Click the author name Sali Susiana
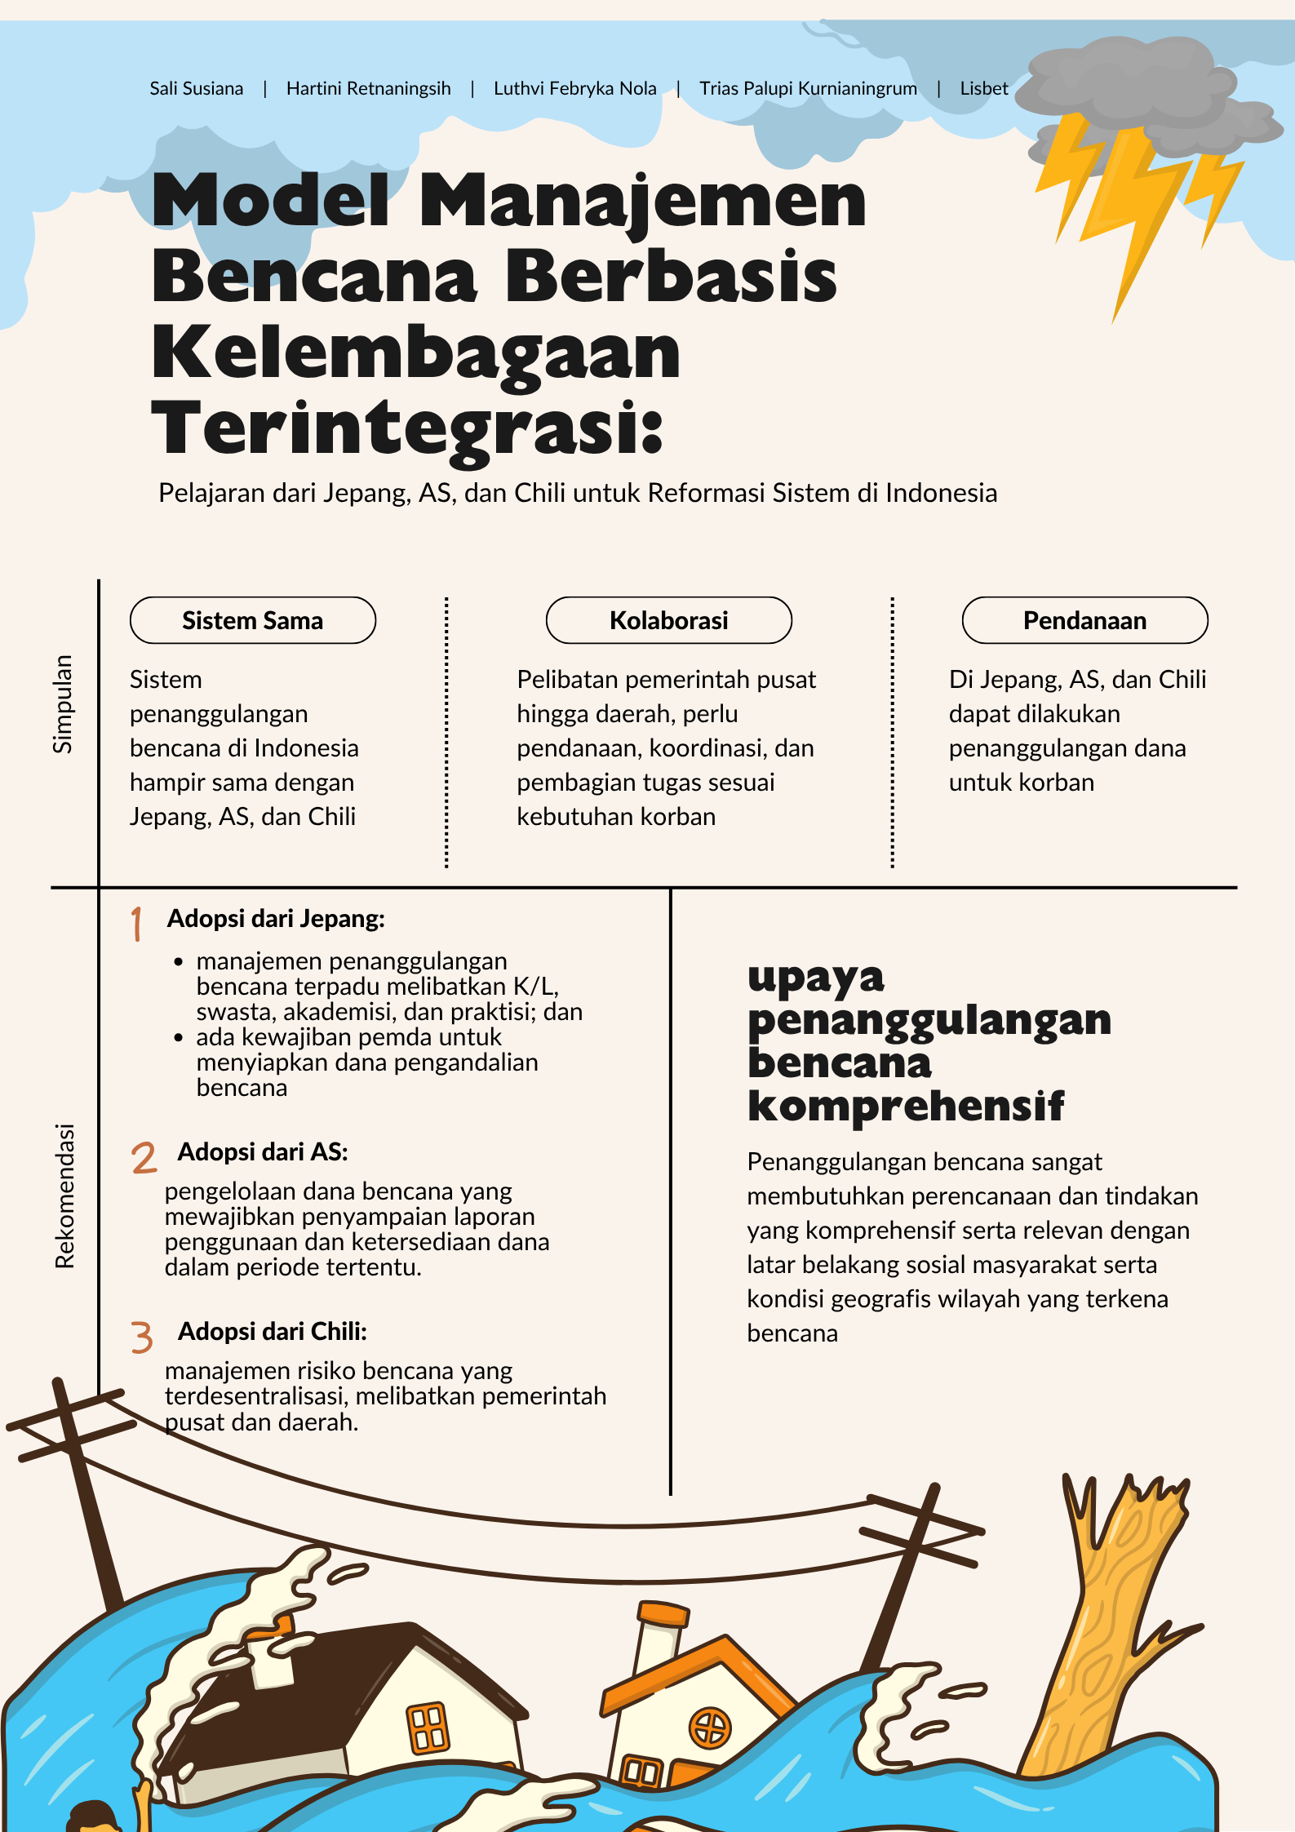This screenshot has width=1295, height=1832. (196, 88)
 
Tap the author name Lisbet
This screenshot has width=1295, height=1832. (983, 88)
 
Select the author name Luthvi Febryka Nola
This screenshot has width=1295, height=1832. (574, 88)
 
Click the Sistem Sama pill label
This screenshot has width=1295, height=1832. (252, 620)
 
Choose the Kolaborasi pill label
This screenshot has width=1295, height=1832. (668, 620)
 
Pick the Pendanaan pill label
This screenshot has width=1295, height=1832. (1084, 620)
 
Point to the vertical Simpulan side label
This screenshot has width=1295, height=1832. (63, 703)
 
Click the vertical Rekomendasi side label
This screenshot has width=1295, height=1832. (64, 1195)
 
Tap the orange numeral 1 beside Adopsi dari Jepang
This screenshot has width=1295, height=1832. (137, 924)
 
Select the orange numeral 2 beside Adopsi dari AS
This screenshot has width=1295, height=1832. (144, 1158)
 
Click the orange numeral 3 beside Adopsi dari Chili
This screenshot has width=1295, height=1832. (142, 1337)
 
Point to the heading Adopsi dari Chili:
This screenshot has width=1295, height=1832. (273, 1332)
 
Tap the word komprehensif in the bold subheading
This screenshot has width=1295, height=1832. (906, 1107)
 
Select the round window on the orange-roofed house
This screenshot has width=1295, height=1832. (711, 1728)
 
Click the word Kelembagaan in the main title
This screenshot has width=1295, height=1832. (415, 353)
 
